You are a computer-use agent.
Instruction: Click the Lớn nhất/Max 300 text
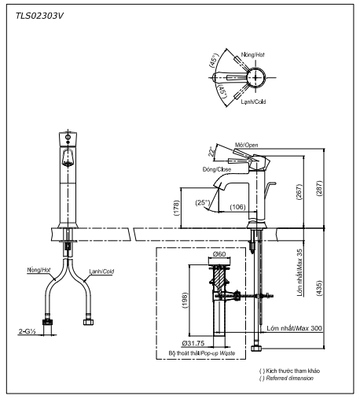pos(291,327)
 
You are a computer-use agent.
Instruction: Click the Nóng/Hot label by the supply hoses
pos(39,270)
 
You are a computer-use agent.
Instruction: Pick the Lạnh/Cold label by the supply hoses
pos(102,271)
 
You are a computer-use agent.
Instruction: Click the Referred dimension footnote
pos(288,379)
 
